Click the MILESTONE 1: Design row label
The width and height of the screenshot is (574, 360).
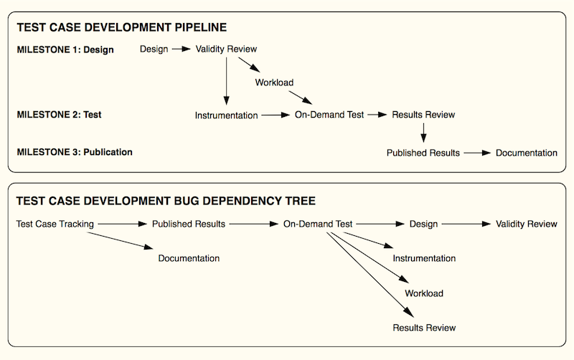65,49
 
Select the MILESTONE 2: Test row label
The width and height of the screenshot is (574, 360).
59,115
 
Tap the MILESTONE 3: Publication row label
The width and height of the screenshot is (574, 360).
75,152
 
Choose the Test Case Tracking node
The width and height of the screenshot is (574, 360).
55,224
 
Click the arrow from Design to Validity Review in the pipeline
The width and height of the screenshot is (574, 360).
182,49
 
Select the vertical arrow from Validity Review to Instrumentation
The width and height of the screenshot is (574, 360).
226,81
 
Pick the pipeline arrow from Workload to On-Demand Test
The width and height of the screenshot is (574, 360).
300,98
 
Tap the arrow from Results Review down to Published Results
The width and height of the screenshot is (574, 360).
423,133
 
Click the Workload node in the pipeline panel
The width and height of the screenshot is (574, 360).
274,82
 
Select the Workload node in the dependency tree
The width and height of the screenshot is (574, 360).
424,293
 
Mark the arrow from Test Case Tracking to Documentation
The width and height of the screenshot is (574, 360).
120,241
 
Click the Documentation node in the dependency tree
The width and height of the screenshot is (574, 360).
189,258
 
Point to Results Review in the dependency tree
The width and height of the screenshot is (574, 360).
424,328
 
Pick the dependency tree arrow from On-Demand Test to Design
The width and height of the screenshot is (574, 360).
380,224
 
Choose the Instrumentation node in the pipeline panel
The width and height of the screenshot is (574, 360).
226,115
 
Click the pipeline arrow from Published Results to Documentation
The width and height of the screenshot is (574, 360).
477,153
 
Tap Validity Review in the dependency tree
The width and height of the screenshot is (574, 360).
527,224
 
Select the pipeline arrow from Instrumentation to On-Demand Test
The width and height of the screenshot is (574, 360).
276,115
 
